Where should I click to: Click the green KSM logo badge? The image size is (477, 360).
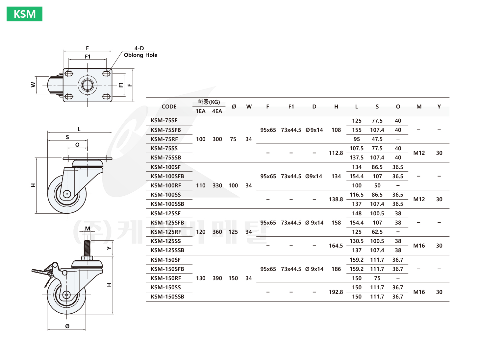[24, 14]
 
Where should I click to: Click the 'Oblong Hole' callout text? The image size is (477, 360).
[140, 55]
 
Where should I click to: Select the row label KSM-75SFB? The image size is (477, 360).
[166, 130]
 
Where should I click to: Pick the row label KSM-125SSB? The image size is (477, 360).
[167, 250]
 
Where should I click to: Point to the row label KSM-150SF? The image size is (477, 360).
[166, 260]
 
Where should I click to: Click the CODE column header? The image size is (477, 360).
[169, 107]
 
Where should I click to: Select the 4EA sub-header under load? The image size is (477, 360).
[217, 111]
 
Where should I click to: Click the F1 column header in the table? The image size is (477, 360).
[291, 107]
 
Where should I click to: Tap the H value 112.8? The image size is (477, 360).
[336, 153]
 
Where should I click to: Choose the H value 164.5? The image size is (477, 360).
[336, 246]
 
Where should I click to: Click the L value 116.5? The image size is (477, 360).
[356, 195]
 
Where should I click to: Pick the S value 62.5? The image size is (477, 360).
[377, 232]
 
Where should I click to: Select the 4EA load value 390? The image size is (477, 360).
[217, 278]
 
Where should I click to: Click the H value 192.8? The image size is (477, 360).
[336, 292]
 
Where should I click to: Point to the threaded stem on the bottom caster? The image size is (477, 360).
[87, 248]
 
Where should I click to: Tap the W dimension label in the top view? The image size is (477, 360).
[33, 84]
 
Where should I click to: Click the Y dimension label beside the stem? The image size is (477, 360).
[109, 248]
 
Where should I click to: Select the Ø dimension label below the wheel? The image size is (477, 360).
[67, 326]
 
